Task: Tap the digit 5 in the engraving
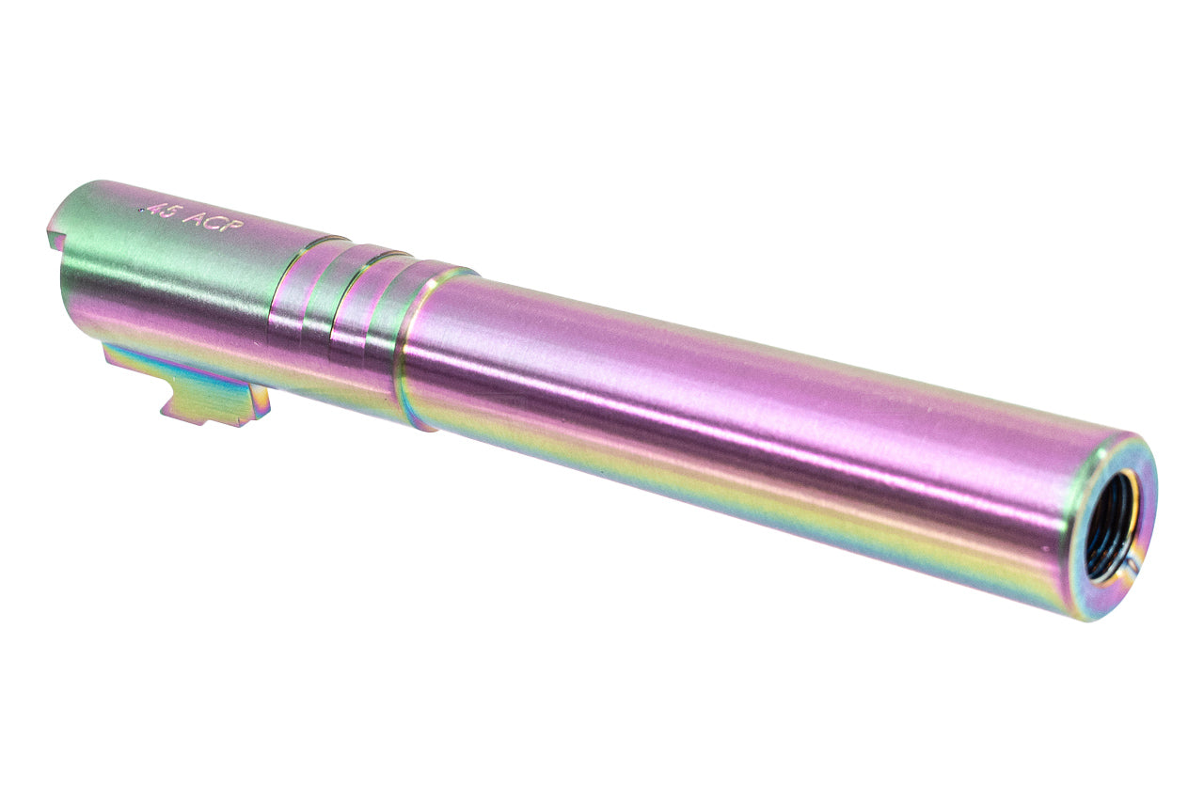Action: (x=170, y=213)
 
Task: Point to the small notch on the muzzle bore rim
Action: (x=1132, y=566)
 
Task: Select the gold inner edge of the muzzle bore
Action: (x=1133, y=508)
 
